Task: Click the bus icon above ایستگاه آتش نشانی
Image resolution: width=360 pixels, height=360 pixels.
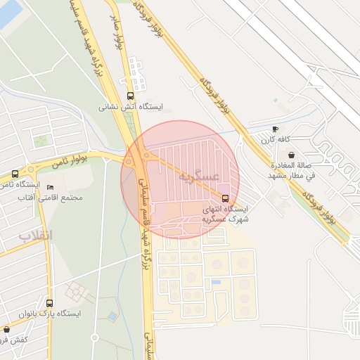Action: coord(129,96)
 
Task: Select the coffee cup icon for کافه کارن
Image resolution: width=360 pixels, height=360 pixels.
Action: coord(275,129)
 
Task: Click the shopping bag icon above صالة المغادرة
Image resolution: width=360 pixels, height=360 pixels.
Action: coord(291,155)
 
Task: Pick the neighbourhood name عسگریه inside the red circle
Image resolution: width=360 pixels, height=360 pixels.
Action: coord(200,175)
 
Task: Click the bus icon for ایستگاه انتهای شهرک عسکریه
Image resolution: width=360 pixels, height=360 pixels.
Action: coord(225,198)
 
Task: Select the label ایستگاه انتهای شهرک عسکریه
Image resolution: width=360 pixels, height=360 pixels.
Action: coord(225,214)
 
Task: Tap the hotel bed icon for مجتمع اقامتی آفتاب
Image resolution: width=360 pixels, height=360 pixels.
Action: coord(50,187)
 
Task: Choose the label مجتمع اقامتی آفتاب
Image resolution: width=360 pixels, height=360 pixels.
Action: coord(53,198)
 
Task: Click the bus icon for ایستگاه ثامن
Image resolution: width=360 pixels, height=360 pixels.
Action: coord(15,174)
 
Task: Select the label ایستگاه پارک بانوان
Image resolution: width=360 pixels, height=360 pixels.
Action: coord(49,314)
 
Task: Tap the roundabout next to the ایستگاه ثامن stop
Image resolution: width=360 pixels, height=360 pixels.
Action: coord(31,169)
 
